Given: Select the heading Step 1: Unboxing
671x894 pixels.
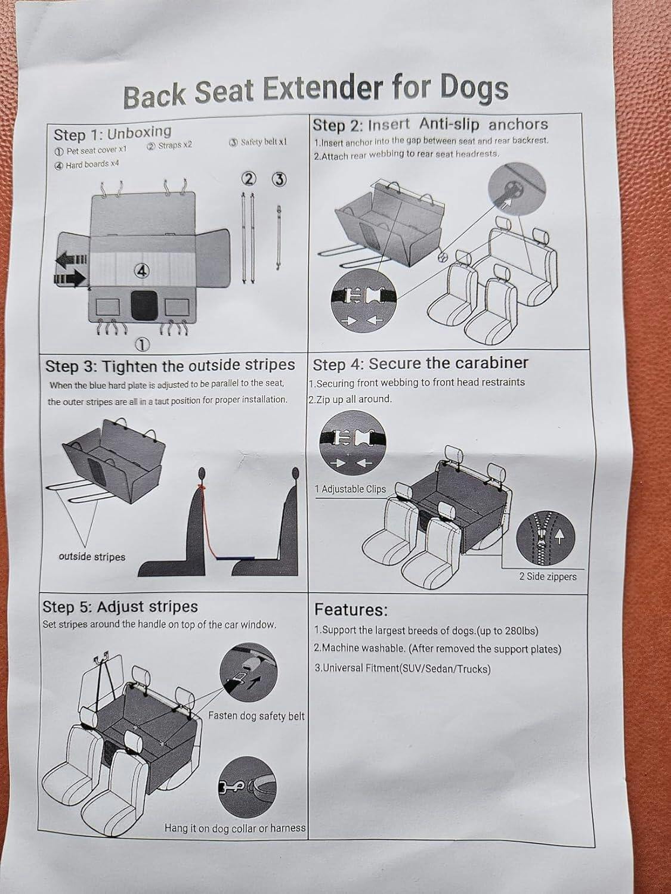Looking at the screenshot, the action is click(x=113, y=133).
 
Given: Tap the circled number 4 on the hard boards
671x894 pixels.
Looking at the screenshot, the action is click(x=143, y=271).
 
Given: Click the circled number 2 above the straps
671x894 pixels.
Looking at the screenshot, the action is click(x=249, y=179).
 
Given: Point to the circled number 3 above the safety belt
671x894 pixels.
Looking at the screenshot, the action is click(x=279, y=179).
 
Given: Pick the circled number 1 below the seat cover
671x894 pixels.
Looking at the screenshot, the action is click(x=141, y=344).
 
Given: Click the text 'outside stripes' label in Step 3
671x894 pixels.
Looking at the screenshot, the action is click(x=92, y=557).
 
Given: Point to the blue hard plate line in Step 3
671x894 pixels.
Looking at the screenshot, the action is click(x=236, y=558).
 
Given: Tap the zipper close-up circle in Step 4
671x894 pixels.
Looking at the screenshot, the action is click(x=546, y=537).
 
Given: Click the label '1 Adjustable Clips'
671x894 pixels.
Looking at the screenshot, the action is click(x=350, y=489).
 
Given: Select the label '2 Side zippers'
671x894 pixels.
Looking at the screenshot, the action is click(x=548, y=576).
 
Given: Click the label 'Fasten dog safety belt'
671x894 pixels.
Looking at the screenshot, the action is click(x=256, y=716).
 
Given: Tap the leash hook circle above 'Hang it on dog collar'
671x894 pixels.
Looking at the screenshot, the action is click(x=248, y=787).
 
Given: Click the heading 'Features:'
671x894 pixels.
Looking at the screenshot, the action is click(x=351, y=610).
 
